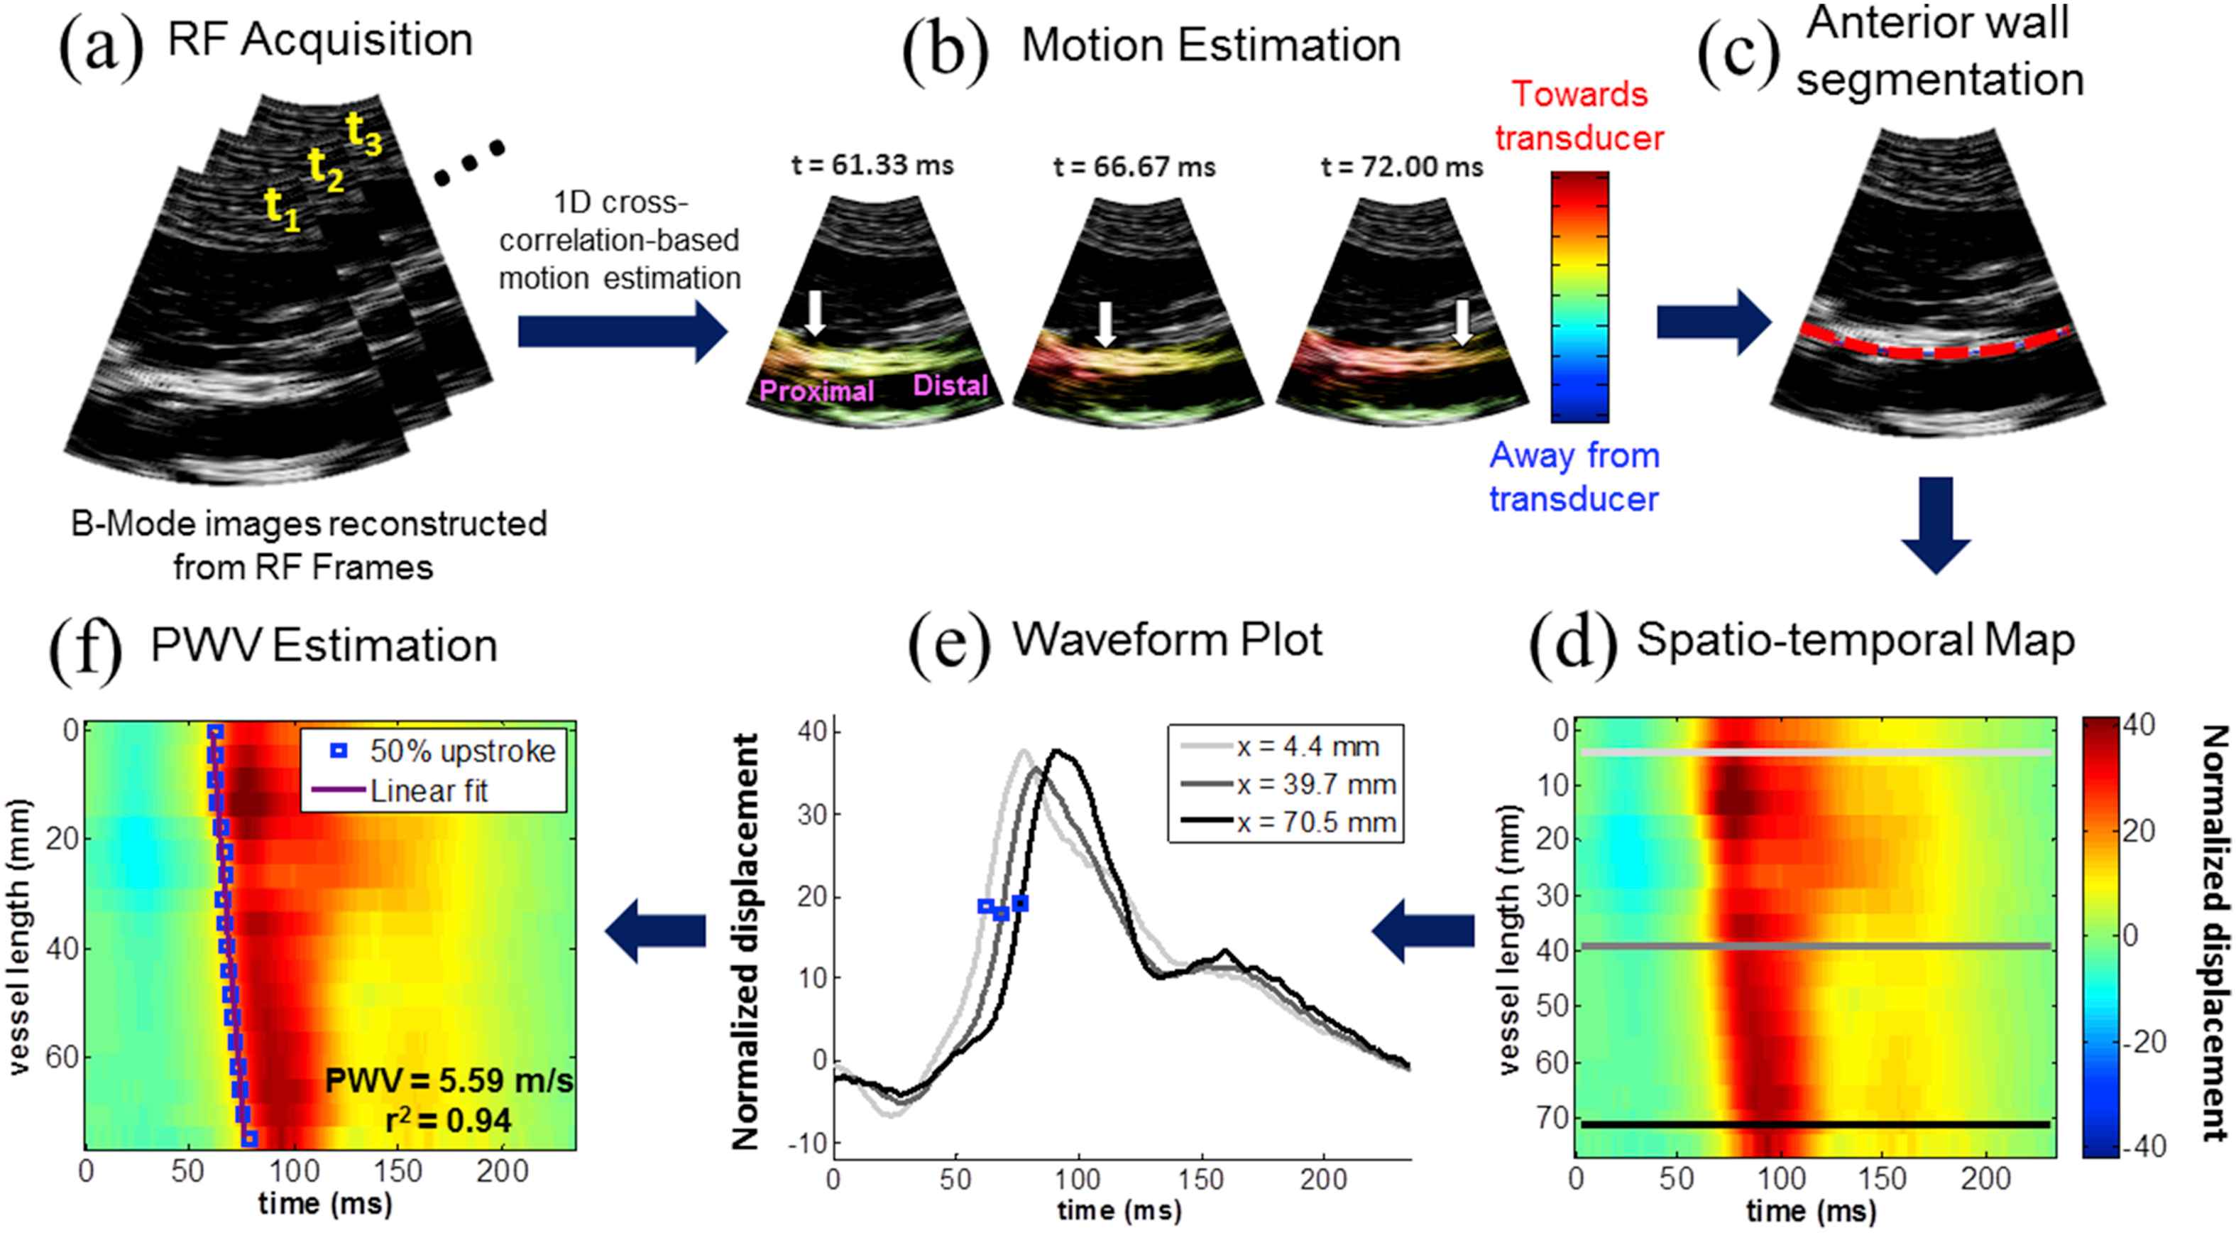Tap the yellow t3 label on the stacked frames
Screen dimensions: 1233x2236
pos(365,134)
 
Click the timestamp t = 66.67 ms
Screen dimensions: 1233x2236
pos(1134,167)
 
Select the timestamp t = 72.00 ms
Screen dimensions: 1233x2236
pos(1401,167)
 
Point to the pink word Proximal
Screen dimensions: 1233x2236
pos(816,391)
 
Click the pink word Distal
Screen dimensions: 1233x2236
pos(950,385)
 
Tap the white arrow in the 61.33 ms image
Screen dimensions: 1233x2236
pos(814,313)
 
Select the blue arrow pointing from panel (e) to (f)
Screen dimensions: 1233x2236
pos(654,932)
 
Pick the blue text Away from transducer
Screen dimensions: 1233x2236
pos(1574,477)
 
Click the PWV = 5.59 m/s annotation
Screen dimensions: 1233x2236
pos(449,1081)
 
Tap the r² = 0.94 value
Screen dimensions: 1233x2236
pos(448,1121)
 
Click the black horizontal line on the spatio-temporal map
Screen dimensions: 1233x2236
pos(1814,1125)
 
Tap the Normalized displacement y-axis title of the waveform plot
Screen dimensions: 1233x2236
pos(747,941)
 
